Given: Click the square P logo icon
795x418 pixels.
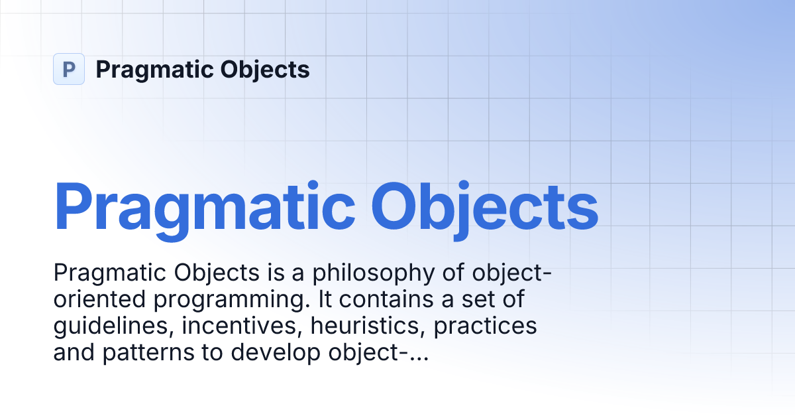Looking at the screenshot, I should (x=69, y=69).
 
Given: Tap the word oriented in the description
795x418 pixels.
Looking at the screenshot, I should (x=100, y=300).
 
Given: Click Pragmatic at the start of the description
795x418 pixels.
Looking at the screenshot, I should (x=110, y=273).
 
